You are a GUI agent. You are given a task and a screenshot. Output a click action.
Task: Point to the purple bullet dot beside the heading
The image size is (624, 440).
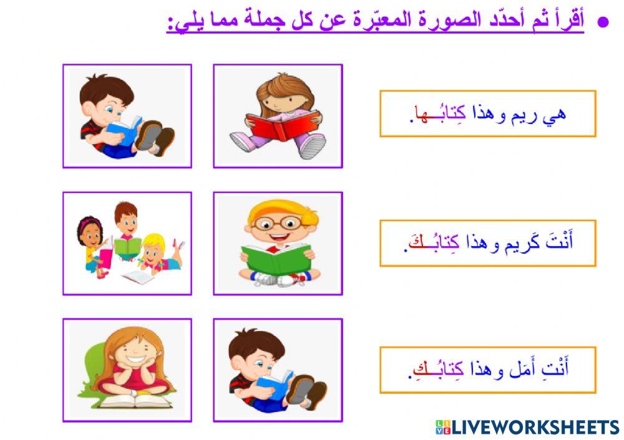coord(603,22)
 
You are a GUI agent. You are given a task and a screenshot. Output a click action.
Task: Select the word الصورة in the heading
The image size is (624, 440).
coord(446,21)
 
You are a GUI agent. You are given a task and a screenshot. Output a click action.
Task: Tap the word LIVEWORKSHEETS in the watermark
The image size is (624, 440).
coord(535,427)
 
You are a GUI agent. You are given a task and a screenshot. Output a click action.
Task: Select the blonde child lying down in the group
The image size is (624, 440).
coord(156,252)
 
